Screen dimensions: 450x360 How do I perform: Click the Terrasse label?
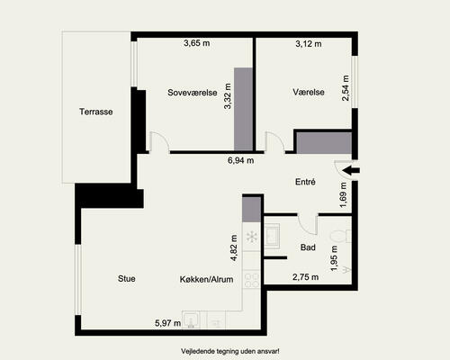(x=96, y=112)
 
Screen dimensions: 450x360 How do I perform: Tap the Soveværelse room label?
(x=193, y=93)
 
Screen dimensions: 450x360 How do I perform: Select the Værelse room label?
(x=309, y=92)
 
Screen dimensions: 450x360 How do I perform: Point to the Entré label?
(x=305, y=182)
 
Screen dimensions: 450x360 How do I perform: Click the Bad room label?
(x=308, y=247)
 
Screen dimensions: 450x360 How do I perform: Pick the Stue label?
(x=127, y=279)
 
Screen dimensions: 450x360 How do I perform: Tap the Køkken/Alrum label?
(x=206, y=279)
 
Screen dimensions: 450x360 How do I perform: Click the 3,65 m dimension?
(x=197, y=43)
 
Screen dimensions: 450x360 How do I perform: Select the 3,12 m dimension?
(x=309, y=44)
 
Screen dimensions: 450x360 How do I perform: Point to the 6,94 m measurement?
(x=240, y=160)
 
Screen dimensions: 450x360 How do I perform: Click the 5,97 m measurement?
(x=167, y=323)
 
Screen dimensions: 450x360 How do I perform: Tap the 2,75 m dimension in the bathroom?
(x=305, y=277)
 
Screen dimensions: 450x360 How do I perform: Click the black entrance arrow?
(x=351, y=170)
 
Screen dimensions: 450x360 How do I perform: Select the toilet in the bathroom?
(x=340, y=236)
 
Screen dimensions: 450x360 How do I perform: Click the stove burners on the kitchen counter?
(x=252, y=280)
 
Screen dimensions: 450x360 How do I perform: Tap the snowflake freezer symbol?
(x=252, y=237)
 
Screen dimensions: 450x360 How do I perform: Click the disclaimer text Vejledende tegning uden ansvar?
(x=230, y=351)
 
